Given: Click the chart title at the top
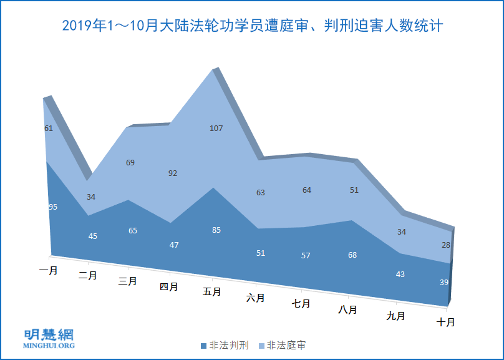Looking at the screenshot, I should click(252, 26).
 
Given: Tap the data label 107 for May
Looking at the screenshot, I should click(216, 129).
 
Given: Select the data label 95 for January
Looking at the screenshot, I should click(53, 207).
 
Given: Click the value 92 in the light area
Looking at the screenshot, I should click(173, 173).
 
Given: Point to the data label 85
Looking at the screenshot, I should click(216, 230).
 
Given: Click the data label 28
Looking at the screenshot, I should click(445, 245).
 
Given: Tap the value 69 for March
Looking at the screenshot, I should click(130, 162).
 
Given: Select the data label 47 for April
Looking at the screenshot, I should click(174, 245).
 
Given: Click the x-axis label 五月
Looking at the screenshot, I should click(213, 291).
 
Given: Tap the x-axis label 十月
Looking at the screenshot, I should click(445, 323).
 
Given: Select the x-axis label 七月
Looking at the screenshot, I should click(302, 304).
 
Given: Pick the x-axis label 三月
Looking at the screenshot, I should click(128, 281).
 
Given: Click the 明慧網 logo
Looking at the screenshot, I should click(49, 338).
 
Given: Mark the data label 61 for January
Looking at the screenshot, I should click(49, 128).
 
